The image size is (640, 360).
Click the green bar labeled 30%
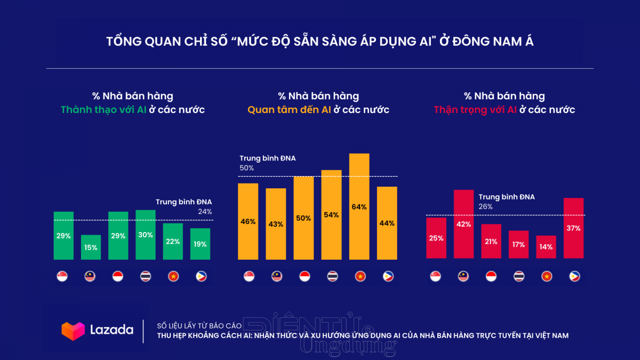click(x=146, y=235)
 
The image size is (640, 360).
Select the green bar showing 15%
click(x=91, y=247)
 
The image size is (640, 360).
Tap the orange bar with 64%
click(x=359, y=206)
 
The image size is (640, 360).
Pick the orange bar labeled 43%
click(x=276, y=224)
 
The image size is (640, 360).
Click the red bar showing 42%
click(x=463, y=224)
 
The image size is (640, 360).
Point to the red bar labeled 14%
click(x=546, y=247)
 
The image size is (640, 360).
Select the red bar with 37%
click(x=573, y=228)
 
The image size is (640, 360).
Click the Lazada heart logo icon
click(x=73, y=331)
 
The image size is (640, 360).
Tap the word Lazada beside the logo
click(x=111, y=330)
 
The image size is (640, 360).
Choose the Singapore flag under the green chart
click(x=62, y=276)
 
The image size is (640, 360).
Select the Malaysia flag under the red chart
click(x=463, y=276)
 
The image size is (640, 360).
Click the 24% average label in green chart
click(x=205, y=211)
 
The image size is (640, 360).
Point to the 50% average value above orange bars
click(x=247, y=168)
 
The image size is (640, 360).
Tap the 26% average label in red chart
click(x=486, y=206)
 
